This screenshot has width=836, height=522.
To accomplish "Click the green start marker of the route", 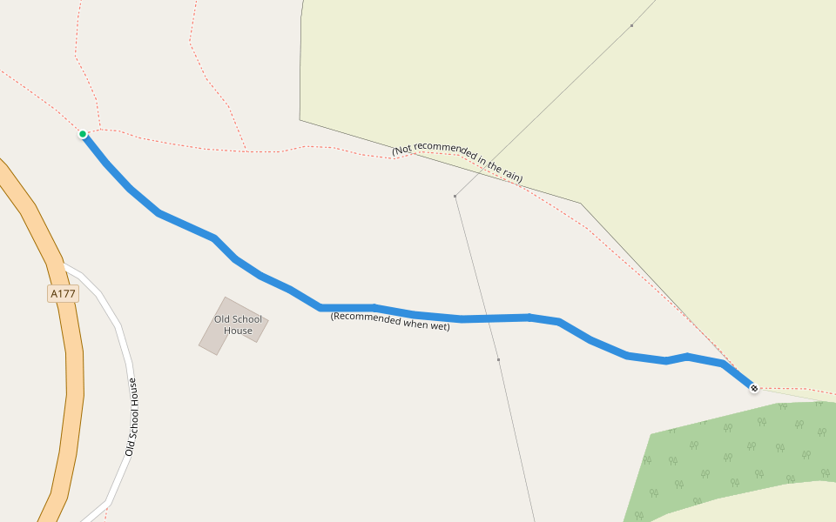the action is (83, 134).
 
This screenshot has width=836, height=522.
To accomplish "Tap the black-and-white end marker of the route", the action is (754, 388).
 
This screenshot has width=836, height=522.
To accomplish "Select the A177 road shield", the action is (63, 294).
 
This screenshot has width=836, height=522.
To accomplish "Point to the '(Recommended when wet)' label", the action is (390, 321).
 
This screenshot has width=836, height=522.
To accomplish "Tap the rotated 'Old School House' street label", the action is (131, 416).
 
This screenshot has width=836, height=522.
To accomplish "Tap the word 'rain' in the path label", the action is (509, 174).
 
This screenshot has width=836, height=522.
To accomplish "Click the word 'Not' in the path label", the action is (403, 150).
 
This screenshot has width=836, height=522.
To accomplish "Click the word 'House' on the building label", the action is (238, 331).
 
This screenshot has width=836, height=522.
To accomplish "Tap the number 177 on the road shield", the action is (66, 294).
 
